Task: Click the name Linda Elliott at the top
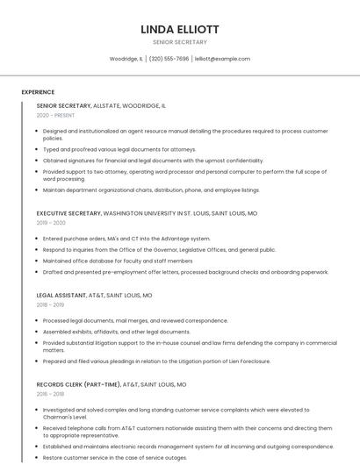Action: tap(180, 29)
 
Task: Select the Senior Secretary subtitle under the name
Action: tap(180, 41)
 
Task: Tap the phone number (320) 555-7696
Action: tap(169, 59)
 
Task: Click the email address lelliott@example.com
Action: tap(222, 59)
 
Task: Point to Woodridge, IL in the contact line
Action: tap(126, 59)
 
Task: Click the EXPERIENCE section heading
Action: tap(38, 91)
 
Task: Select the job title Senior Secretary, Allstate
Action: tap(101, 105)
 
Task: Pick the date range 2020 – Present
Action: tap(56, 115)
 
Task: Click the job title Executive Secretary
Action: tap(69, 213)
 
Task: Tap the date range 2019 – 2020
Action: tap(51, 223)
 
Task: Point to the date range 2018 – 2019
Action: tap(51, 305)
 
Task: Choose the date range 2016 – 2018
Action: tap(51, 394)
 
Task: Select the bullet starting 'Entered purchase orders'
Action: tap(126, 239)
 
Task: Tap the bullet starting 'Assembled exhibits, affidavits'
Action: tap(116, 332)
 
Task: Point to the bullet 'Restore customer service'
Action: tap(114, 457)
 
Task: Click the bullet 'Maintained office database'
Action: tap(117, 261)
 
